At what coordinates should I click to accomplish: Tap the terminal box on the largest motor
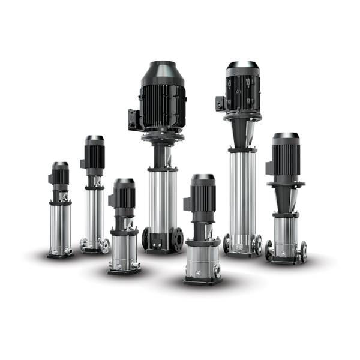point(133,118)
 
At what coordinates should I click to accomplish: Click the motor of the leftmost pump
point(60,176)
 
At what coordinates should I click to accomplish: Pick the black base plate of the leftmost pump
point(60,255)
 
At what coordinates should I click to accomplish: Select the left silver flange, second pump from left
point(83,244)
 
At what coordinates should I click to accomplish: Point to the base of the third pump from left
point(124,270)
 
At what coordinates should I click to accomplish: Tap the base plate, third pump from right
point(202,280)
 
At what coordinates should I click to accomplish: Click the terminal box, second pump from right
point(220,103)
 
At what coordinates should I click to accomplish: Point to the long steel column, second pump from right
point(242,192)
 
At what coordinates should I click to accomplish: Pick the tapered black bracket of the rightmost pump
point(286,195)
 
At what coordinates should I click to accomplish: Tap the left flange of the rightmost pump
point(269,250)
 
